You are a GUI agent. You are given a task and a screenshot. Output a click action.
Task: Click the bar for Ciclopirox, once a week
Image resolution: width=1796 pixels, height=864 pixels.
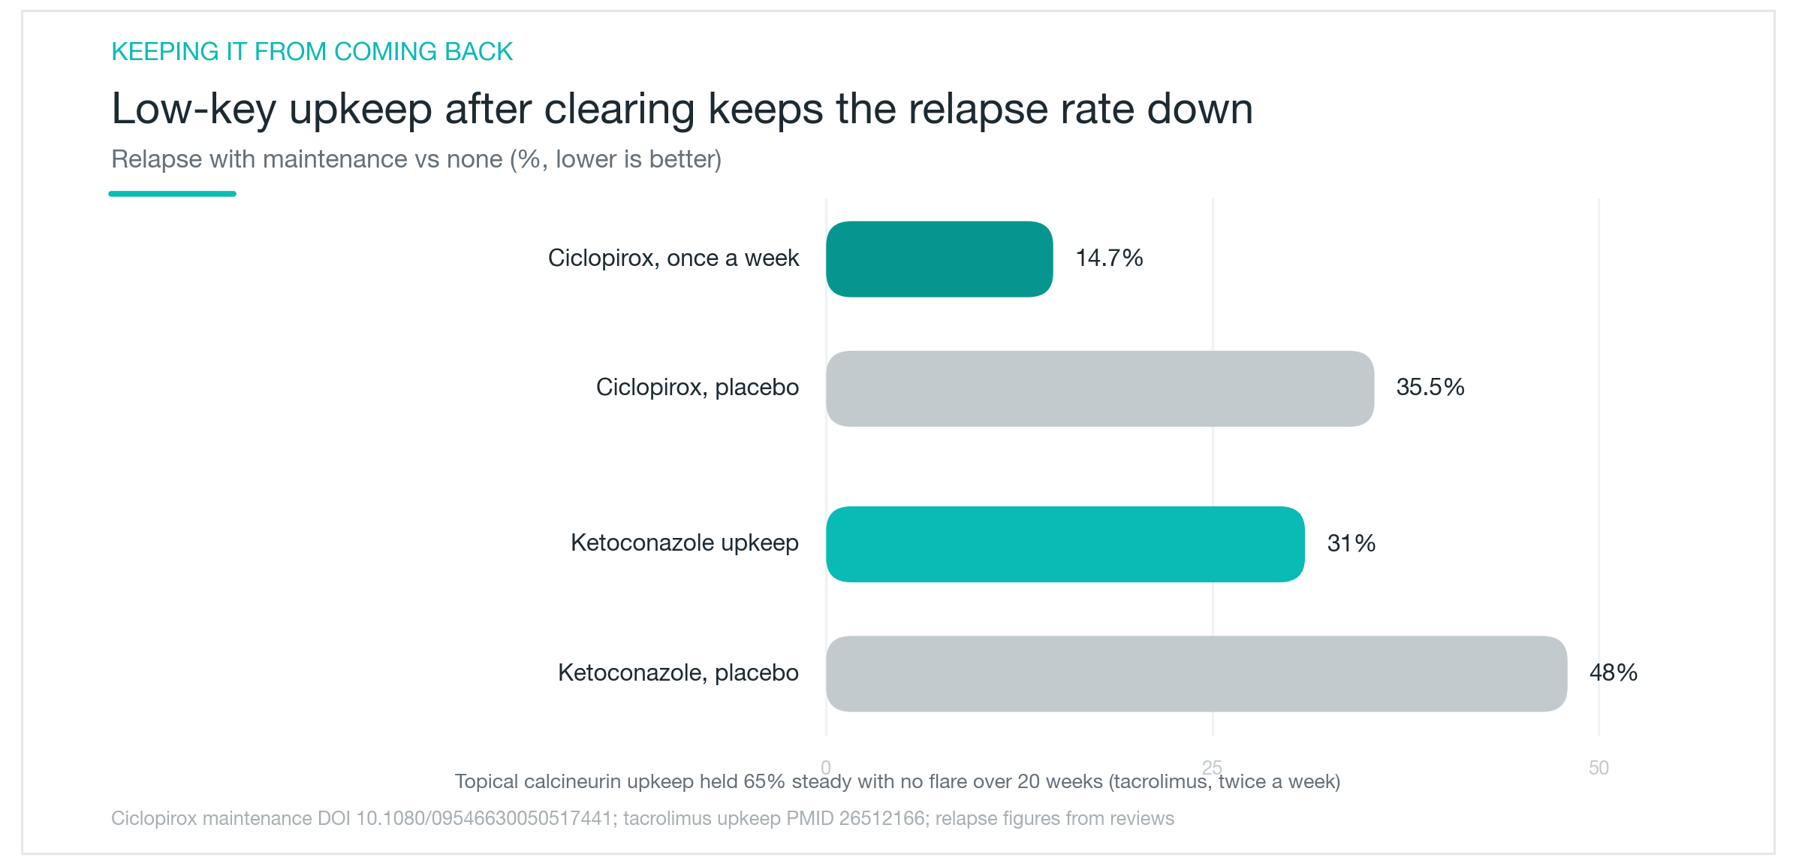coord(939,259)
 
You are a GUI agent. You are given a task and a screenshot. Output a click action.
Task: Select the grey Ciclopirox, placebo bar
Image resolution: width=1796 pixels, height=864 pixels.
coord(1100,388)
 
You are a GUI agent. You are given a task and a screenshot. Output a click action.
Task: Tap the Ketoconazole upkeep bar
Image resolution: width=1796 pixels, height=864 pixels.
coord(1065,544)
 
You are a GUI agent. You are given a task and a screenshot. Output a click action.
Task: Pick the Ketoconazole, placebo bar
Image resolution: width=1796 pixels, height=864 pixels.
coord(1197,674)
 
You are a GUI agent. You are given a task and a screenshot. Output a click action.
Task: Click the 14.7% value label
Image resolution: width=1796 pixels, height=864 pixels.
coord(1109,258)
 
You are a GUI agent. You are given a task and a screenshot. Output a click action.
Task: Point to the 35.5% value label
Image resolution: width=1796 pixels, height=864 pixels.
coord(1430,388)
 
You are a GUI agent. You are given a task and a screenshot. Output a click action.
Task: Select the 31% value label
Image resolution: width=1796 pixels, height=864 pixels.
coord(1351,543)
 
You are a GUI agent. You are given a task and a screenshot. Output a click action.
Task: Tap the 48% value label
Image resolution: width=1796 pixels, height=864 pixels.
coord(1614,672)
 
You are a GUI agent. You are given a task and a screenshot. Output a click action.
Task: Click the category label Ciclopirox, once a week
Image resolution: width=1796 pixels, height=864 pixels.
coord(673,258)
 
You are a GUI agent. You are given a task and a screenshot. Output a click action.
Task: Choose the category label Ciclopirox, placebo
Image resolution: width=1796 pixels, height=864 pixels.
coord(698,388)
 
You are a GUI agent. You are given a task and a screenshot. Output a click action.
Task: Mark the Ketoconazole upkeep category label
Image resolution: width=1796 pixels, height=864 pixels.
coord(685,543)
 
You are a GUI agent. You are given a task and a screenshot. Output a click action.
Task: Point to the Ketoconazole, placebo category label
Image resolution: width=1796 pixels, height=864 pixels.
coord(678,672)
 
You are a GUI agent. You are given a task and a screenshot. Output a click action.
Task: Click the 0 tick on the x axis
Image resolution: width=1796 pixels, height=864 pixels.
coord(826,768)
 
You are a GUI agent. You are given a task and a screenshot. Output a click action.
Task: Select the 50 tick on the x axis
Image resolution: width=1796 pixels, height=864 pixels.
coord(1599,768)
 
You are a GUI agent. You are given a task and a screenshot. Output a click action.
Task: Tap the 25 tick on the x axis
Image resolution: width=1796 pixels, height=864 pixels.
coord(1212,768)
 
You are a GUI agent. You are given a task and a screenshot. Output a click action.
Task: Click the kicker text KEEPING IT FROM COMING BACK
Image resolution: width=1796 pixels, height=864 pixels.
coord(312,52)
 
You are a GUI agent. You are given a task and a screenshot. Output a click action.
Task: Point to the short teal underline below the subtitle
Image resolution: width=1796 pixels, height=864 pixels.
coord(172,194)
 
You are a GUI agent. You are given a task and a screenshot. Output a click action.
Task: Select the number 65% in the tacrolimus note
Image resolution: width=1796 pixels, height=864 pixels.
coord(764,781)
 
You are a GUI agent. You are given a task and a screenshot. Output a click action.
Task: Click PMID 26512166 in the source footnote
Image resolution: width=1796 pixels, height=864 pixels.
coord(855,818)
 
